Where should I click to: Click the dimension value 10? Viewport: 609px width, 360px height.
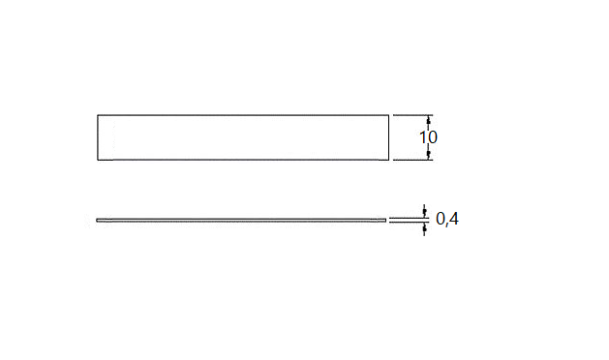428,137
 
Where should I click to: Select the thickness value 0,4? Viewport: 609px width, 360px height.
447,220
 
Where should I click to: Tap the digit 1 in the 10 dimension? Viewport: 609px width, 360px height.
423,137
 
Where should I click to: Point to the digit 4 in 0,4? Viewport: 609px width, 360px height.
454,220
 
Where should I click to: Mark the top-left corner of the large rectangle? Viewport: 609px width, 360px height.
98,115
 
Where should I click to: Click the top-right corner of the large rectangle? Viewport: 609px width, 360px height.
386,115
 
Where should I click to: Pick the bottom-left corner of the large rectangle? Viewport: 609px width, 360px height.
98,160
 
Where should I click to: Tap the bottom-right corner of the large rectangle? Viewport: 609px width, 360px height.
386,160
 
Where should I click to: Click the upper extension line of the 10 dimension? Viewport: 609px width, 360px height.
411,115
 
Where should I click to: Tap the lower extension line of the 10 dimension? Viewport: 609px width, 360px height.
411,160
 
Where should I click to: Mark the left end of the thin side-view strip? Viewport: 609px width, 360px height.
99,221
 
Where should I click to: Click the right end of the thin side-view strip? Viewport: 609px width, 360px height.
384,221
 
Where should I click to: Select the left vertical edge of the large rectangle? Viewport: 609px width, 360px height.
98,137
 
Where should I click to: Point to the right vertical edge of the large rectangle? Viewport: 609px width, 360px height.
386,137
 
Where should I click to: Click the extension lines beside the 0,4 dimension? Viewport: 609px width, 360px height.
407,221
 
